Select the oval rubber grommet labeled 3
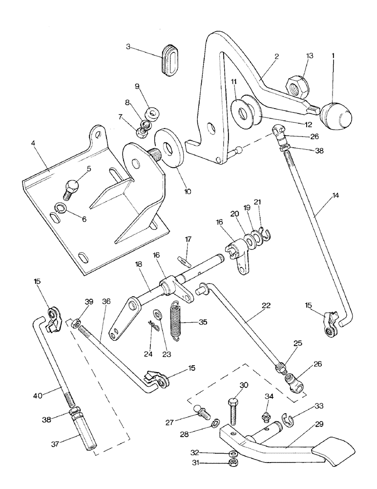click(x=171, y=59)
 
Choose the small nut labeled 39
click(x=76, y=324)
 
